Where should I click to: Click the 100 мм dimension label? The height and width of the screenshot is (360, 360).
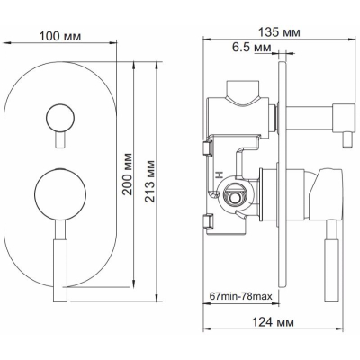click(x=60, y=36)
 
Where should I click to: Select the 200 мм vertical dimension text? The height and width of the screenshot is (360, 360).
click(x=128, y=174)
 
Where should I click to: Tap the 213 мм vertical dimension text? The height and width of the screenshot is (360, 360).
click(x=150, y=182)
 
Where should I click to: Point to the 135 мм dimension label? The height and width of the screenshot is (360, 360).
click(x=279, y=32)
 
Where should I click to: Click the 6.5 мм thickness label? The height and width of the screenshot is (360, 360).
click(x=252, y=47)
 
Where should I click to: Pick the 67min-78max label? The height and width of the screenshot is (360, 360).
click(x=240, y=296)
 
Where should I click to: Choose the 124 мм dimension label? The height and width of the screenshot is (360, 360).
click(x=273, y=322)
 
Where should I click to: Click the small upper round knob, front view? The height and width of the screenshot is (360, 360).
click(x=60, y=118)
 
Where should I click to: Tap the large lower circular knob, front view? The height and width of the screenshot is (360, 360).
click(x=60, y=194)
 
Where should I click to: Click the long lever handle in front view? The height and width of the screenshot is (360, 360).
click(x=60, y=260)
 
